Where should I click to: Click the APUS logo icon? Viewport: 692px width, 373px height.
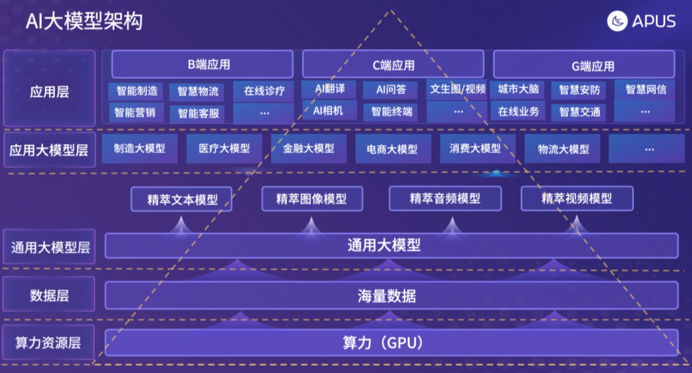click(617, 21)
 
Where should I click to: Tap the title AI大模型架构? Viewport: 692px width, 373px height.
click(84, 21)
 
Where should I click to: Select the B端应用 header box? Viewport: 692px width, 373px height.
click(204, 65)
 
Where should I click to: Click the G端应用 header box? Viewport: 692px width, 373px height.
click(584, 65)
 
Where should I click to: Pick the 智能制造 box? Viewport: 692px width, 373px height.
click(137, 91)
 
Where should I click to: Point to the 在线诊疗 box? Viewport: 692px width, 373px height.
click(264, 91)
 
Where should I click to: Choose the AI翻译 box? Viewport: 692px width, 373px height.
click(329, 89)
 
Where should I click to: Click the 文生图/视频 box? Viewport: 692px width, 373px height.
click(457, 89)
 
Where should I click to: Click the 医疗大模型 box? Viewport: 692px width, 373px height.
click(224, 148)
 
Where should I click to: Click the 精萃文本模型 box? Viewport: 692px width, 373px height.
click(182, 199)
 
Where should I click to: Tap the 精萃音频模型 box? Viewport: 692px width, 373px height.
click(445, 199)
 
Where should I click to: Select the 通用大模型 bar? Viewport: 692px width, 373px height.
click(391, 246)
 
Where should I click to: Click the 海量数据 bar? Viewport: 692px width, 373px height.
click(391, 295)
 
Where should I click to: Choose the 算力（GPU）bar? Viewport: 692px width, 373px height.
click(391, 342)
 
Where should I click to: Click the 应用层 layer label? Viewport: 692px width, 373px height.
click(50, 91)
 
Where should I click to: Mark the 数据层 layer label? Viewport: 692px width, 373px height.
click(50, 295)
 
